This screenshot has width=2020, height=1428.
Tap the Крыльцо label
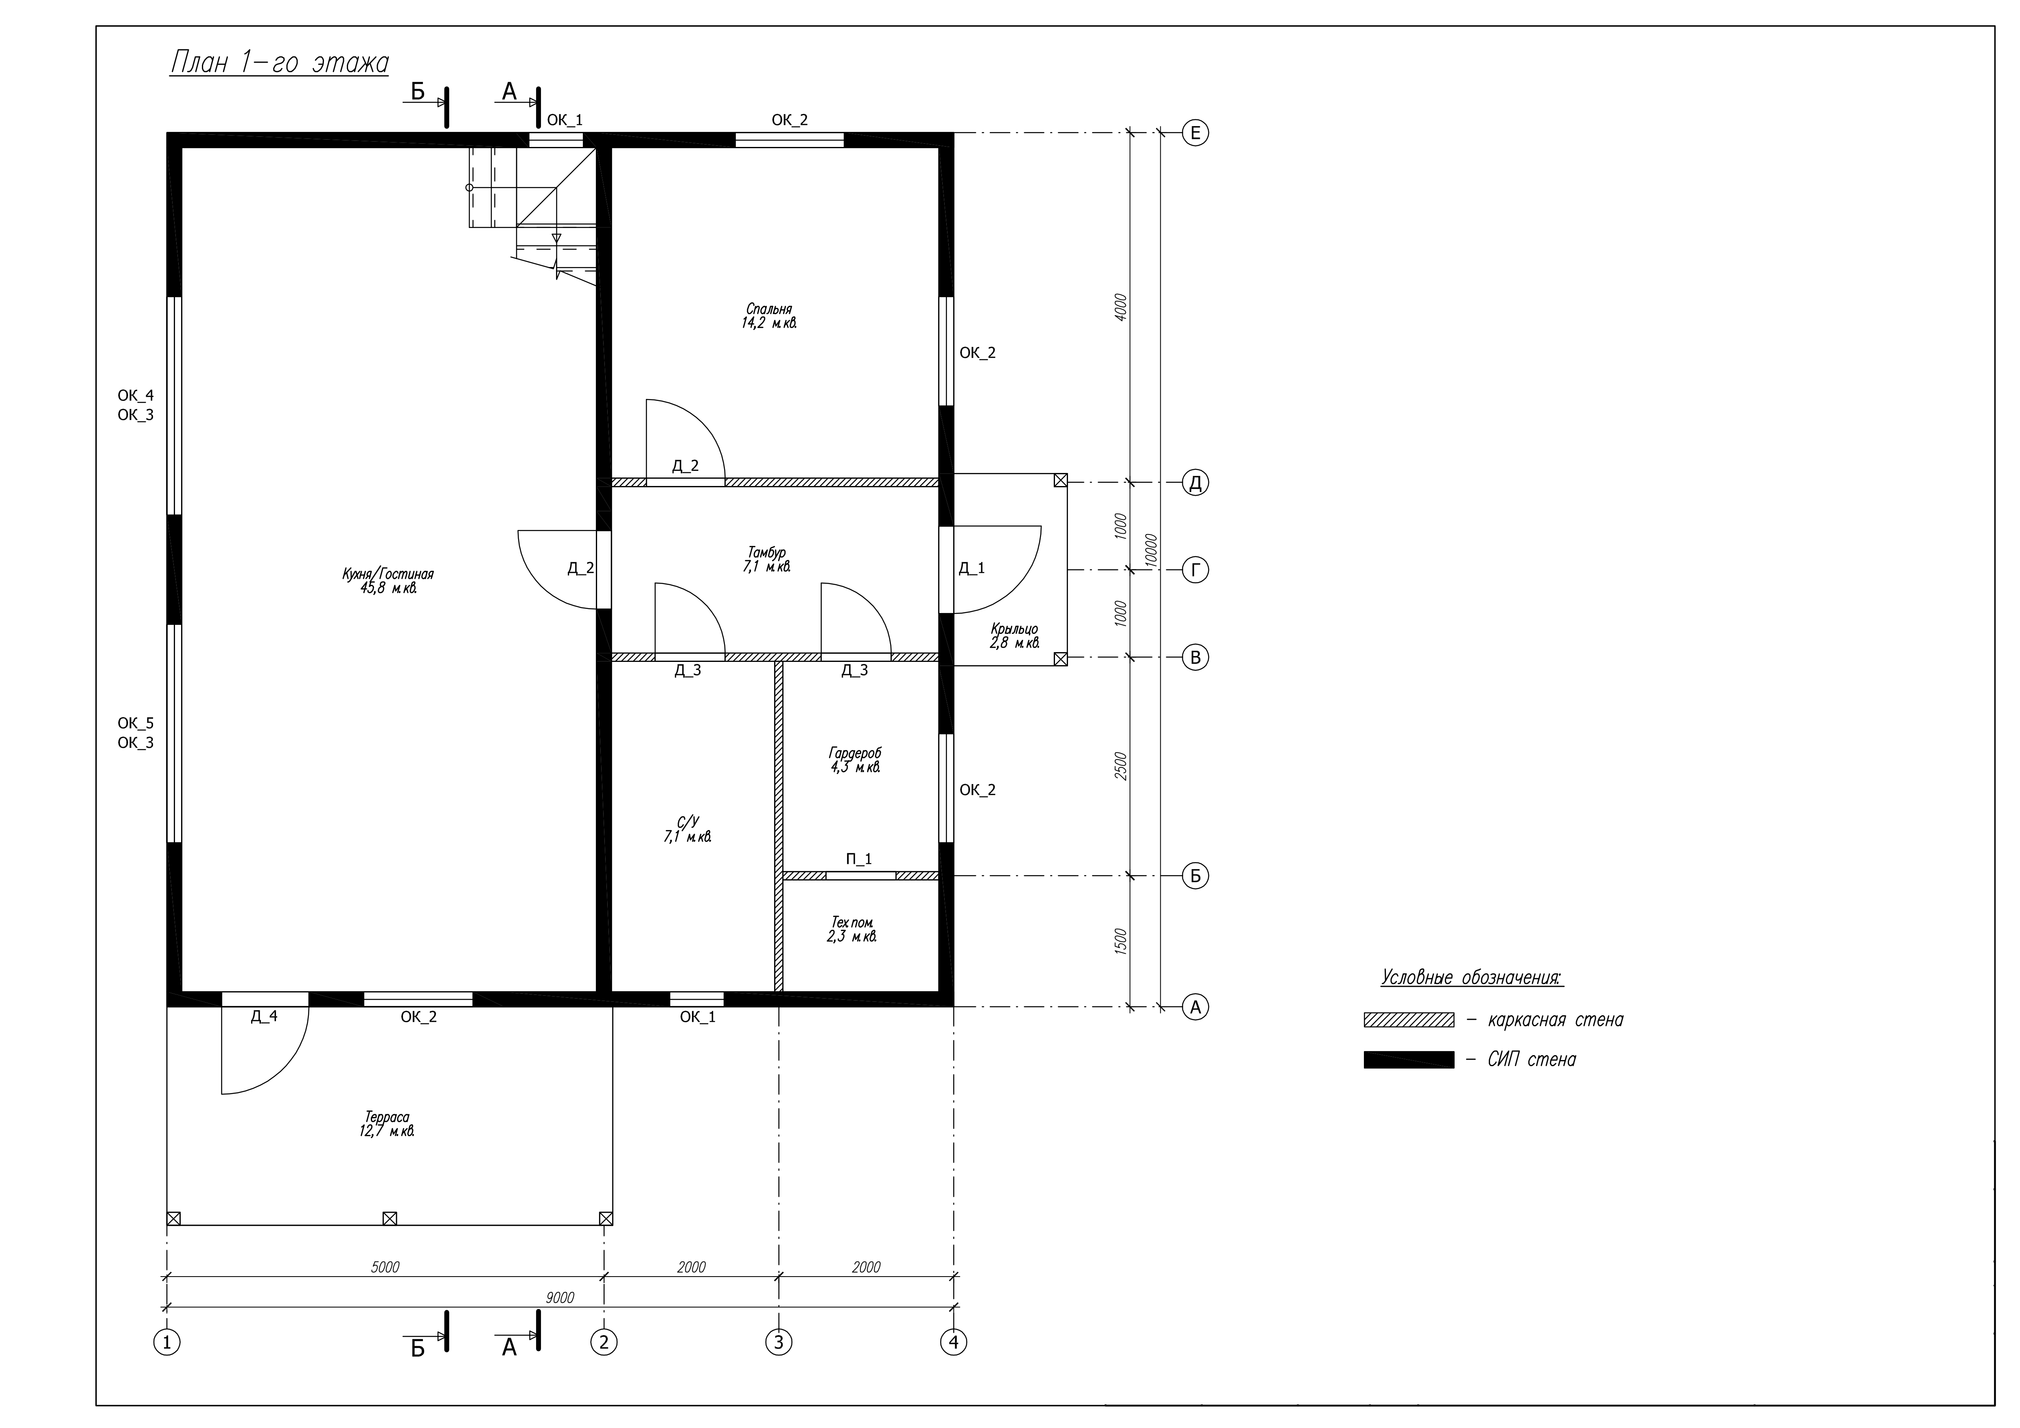point(1014,629)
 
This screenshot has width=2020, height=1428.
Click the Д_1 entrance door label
point(971,568)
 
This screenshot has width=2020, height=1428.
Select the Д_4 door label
point(264,1016)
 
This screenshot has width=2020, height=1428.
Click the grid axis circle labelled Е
point(1195,133)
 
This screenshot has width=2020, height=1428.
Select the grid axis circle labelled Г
point(1195,570)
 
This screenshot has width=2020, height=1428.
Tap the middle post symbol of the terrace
point(390,1219)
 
